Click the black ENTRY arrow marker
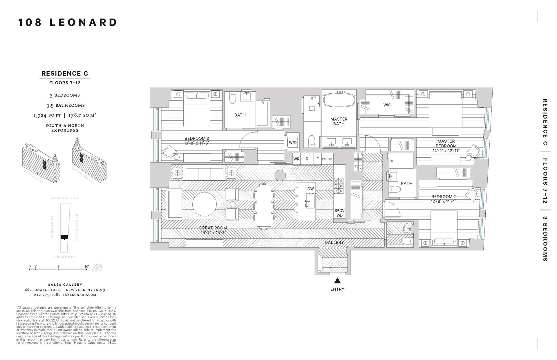click(337, 281)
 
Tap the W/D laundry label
click(293, 143)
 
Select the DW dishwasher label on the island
click(310, 189)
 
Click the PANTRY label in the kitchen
click(327, 159)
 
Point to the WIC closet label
click(387, 105)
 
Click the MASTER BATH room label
click(339, 121)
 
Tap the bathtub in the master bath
click(339, 100)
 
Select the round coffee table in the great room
click(205, 204)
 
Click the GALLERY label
click(334, 242)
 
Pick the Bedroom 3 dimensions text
click(197, 143)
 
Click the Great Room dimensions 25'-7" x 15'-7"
click(213, 232)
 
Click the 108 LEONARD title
click(68, 23)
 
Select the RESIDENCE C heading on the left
click(65, 74)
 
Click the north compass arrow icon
click(98, 268)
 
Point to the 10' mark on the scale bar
click(87, 266)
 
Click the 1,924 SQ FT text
click(47, 115)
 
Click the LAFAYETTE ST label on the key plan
click(65, 198)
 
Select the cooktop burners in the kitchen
click(338, 186)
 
